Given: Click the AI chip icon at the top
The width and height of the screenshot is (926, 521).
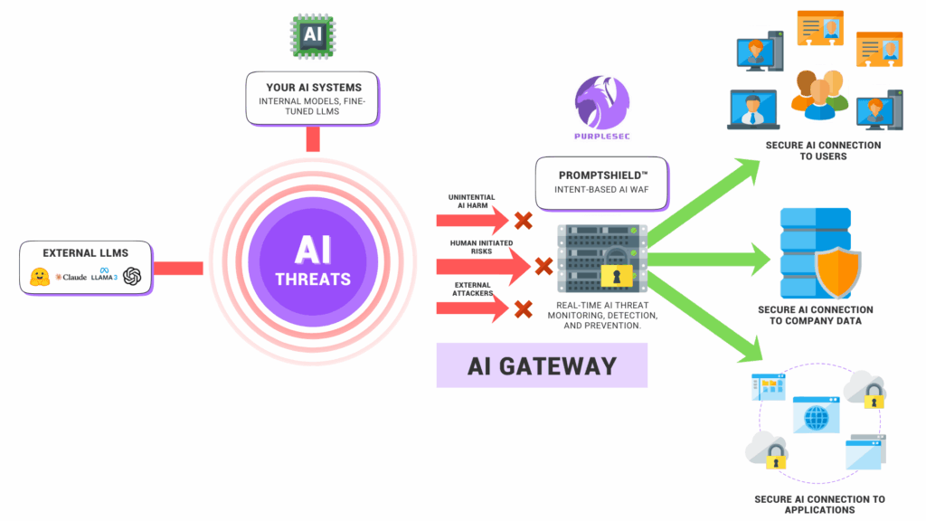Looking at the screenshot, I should tap(313, 37).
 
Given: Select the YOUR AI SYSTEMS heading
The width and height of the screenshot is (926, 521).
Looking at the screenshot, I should tap(314, 88).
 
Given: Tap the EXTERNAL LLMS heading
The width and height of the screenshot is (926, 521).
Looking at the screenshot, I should tap(86, 252).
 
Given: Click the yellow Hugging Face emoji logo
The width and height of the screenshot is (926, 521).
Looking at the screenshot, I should tap(39, 276).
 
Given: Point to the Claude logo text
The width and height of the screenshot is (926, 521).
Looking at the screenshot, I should tap(71, 277).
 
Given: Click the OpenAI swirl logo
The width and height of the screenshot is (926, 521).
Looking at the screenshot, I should tap(133, 276).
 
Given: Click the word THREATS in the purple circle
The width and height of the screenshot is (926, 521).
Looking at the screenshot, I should tap(313, 279).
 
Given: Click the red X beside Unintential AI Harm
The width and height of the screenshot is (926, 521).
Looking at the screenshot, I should tap(523, 221).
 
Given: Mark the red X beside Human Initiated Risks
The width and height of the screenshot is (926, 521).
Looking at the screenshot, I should tap(543, 266).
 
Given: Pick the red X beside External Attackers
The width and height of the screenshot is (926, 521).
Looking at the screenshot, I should tap(523, 309).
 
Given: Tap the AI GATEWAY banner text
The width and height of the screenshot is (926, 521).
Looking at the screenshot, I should tap(542, 365).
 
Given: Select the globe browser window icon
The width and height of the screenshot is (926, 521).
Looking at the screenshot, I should tap(817, 416).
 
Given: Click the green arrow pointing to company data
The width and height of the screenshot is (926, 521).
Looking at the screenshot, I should tap(714, 260).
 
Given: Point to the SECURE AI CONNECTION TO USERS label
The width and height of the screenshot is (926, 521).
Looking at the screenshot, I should tap(822, 150).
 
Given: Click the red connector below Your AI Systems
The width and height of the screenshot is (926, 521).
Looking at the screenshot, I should tap(313, 138).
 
